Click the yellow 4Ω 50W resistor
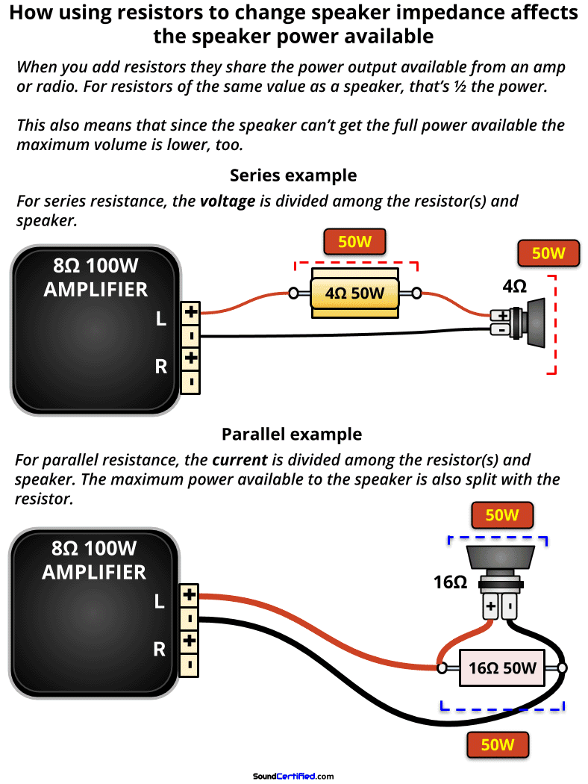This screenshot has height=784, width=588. tap(355, 293)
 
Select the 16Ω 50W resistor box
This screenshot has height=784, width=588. tap(501, 668)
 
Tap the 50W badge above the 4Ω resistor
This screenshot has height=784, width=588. tap(355, 242)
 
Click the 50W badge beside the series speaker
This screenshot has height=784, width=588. tap(548, 253)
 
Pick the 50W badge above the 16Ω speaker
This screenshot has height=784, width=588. tap(501, 515)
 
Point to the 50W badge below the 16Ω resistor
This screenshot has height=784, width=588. tap(497, 744)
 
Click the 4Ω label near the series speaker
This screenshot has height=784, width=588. tap(514, 287)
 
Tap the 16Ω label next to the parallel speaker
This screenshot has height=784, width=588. tap(450, 582)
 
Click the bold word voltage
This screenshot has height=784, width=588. tap(231, 202)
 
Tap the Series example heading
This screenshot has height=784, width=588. tap(293, 175)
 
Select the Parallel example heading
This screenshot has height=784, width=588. tap(291, 434)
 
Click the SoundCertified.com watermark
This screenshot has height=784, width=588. tap(293, 776)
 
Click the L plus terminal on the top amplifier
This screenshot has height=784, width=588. tap(191, 311)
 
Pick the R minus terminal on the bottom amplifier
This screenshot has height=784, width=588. tap(190, 663)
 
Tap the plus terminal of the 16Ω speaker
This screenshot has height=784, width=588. tap(490, 608)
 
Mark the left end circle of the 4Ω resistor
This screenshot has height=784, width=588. tap(294, 293)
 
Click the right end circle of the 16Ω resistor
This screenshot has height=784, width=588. tap(562, 668)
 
